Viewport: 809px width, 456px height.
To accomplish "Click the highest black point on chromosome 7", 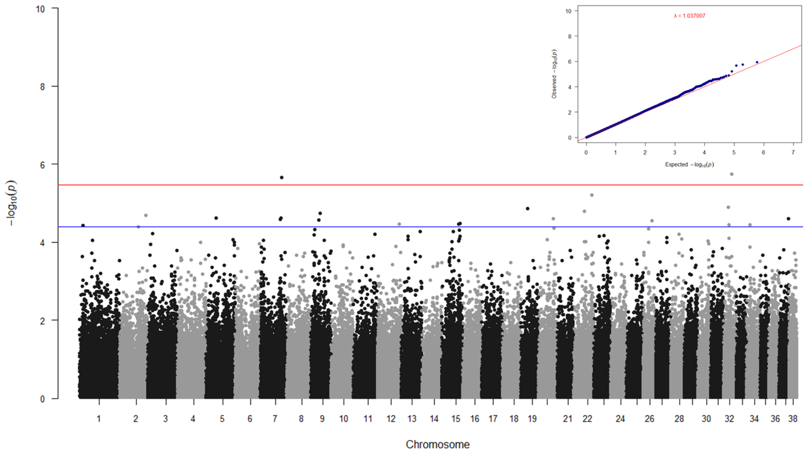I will point(282,178).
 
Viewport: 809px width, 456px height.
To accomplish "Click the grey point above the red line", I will point(732,174).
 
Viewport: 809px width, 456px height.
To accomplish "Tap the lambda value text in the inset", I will point(689,16).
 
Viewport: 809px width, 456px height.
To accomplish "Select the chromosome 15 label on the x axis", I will point(456,419).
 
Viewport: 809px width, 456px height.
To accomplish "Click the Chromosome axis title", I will point(437,444).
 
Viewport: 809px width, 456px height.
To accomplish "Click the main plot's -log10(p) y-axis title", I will point(12,203).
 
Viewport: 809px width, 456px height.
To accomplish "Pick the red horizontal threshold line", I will point(408,185).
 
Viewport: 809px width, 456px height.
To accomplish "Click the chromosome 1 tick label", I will point(99,419).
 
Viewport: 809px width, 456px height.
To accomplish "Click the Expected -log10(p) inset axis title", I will point(689,164).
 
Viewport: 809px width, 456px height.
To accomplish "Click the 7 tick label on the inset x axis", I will point(793,152).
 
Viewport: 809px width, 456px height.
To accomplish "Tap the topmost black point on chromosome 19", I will point(528,209).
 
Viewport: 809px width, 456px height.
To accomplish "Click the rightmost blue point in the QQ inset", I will point(757,62).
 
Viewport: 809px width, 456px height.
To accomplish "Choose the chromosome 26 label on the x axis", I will point(649,419).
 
